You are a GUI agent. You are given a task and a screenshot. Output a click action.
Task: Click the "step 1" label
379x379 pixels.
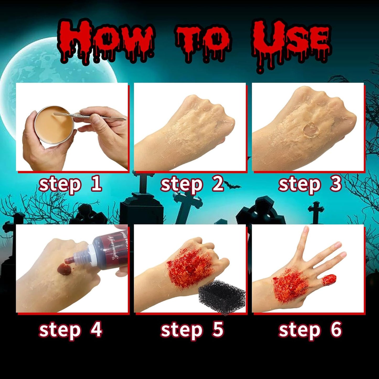(x=70, y=184)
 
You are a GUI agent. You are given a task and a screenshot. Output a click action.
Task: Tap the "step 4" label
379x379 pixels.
(x=70, y=330)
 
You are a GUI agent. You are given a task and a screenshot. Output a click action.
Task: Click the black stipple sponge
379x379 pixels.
(x=222, y=296)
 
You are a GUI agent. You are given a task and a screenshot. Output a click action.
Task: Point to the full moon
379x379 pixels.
(x=52, y=71)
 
